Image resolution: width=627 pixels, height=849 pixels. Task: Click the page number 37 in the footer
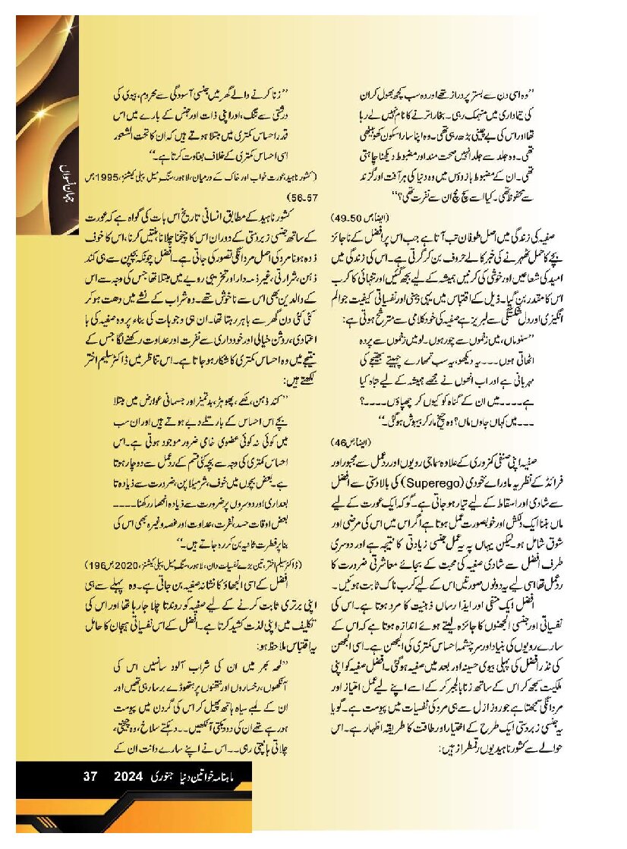[x=91, y=776]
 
